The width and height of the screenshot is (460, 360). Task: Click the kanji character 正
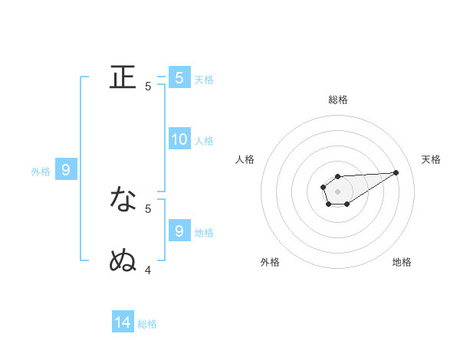123,77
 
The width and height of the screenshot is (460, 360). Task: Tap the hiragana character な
123,199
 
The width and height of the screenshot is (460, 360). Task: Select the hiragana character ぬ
123,260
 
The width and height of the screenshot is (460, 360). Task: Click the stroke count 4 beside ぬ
148,269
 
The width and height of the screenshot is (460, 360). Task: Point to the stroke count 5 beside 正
148,87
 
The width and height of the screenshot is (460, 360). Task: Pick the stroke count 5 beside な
148,208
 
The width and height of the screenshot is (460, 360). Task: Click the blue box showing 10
179,139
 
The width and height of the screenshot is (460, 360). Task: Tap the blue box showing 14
123,323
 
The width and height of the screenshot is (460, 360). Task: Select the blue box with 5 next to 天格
179,77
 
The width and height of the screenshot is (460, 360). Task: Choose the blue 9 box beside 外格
66,170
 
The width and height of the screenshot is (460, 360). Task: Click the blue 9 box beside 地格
179,231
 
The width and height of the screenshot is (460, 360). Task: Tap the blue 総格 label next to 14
147,324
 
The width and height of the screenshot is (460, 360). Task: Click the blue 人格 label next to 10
204,141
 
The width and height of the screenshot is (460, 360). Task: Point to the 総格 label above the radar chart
337,100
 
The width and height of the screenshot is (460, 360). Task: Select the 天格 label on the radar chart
431,159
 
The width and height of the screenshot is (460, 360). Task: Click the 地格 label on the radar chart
402,262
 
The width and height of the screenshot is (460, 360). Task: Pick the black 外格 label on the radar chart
270,262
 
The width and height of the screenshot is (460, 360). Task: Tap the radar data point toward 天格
396,172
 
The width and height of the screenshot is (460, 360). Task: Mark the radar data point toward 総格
337,176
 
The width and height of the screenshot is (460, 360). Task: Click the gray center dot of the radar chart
337,191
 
